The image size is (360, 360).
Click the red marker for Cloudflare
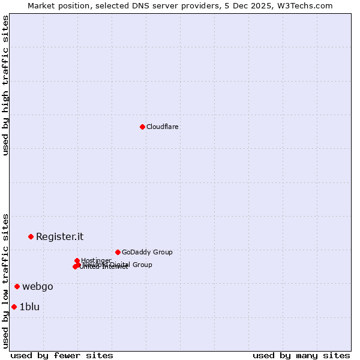tap(142, 127)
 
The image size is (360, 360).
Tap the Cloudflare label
tap(162, 127)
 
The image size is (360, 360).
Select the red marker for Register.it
tap(31, 236)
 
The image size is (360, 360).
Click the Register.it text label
tap(59, 236)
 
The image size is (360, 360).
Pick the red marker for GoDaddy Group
tap(118, 252)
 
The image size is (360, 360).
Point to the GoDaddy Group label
tap(147, 252)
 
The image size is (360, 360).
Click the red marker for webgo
tap(17, 286)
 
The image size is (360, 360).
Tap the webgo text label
tap(38, 286)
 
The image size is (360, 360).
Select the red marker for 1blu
tap(14, 307)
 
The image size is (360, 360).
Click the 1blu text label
tap(29, 307)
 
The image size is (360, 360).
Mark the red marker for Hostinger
tap(77, 260)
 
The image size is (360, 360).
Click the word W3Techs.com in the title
tap(307, 5)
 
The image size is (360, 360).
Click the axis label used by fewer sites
tap(62, 355)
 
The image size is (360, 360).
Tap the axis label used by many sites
tap(301, 355)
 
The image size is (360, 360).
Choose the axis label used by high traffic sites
tap(5, 85)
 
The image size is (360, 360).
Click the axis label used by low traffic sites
tap(5, 281)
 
